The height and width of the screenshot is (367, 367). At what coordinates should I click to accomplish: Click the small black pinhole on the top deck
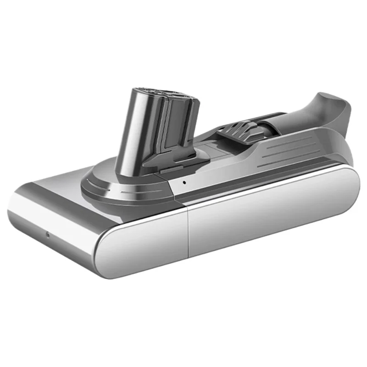[x=183, y=182]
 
